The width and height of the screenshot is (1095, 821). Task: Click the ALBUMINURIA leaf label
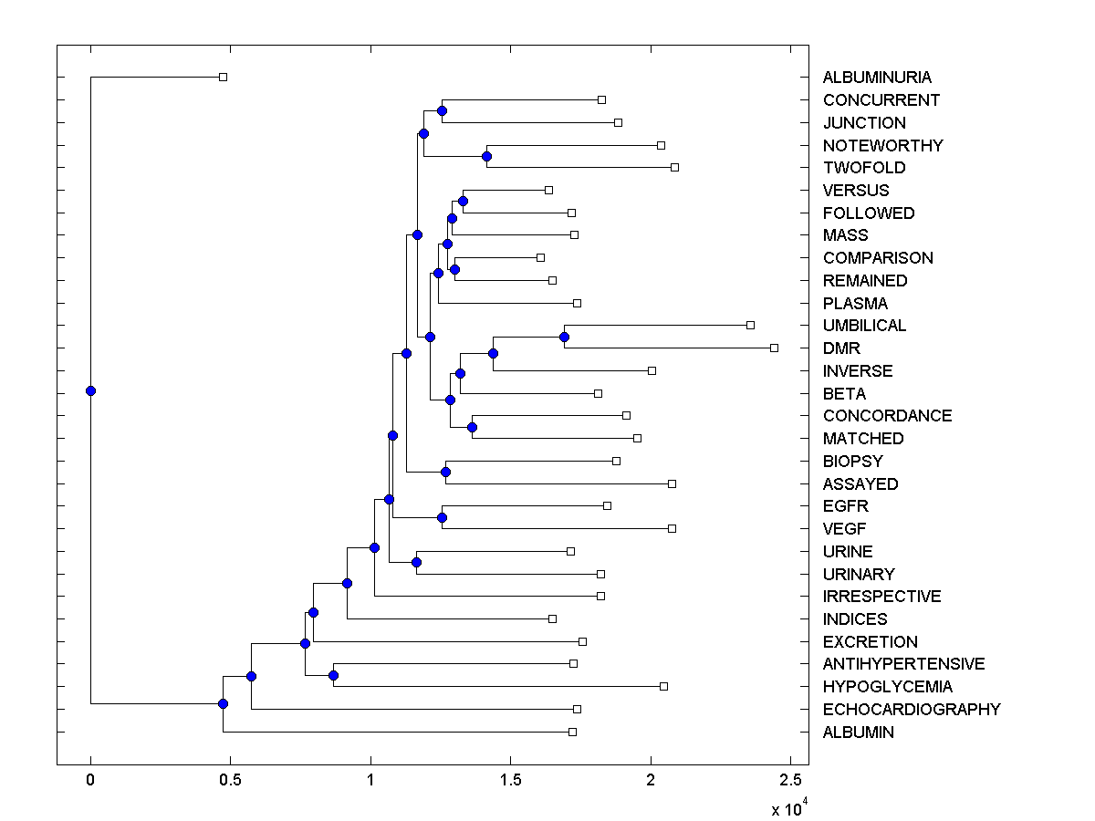864,78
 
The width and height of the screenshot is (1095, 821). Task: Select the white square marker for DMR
774,348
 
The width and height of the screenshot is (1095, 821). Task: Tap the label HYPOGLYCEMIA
874,687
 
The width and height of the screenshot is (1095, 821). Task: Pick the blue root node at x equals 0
90,390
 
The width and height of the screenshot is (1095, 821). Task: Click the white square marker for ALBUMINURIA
223,77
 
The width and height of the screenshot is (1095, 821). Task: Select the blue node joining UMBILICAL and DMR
564,338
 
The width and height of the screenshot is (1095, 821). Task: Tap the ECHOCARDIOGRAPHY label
912,709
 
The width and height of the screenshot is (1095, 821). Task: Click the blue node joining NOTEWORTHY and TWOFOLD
486,156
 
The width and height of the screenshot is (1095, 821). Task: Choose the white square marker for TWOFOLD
674,167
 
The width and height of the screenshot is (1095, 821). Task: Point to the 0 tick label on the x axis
90,780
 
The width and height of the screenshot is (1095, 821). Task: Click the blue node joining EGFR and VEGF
442,517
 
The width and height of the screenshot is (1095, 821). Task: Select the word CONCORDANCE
887,416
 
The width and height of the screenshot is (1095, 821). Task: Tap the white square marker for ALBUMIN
572,732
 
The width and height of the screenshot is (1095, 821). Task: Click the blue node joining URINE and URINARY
416,562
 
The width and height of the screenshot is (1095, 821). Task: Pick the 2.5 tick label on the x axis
790,780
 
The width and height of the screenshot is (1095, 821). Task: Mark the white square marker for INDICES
552,618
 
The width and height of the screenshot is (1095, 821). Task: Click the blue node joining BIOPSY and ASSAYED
445,472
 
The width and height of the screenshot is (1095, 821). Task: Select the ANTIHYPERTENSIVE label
903,664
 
